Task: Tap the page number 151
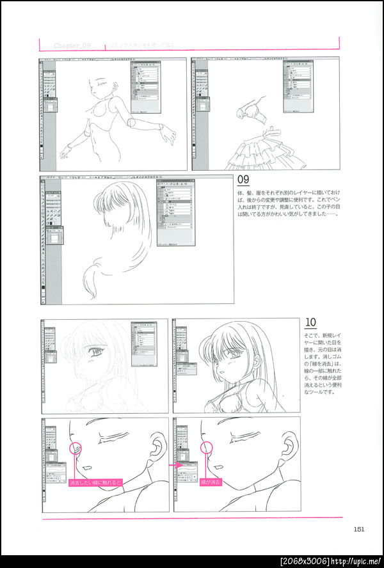pyautogui.click(x=358, y=528)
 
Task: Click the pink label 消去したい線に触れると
pyautogui.click(x=95, y=482)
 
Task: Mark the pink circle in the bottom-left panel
pyautogui.click(x=76, y=449)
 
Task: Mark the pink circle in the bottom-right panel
pyautogui.click(x=207, y=448)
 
